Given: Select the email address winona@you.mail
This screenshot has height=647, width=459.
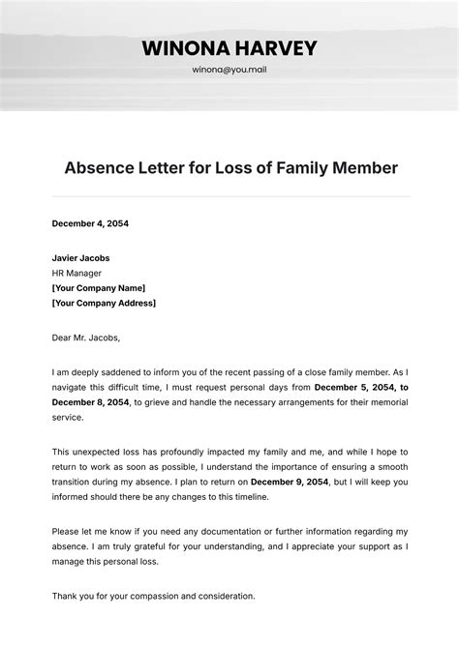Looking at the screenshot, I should click(229, 71).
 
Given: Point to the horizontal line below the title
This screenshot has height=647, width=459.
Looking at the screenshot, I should click(229, 196).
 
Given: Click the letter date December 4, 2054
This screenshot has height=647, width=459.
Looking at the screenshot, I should click(90, 223).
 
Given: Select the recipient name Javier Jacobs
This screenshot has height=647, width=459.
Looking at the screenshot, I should click(80, 258).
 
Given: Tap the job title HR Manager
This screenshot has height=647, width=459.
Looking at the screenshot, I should click(76, 273).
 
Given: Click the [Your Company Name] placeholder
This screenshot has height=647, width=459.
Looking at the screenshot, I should click(98, 288).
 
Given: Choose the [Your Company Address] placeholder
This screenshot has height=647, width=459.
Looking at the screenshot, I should click(104, 303).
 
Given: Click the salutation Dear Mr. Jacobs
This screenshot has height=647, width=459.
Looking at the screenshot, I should click(85, 338).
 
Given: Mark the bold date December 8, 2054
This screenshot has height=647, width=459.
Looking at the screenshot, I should click(90, 402).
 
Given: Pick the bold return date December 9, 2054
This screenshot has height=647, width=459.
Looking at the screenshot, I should click(290, 482).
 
